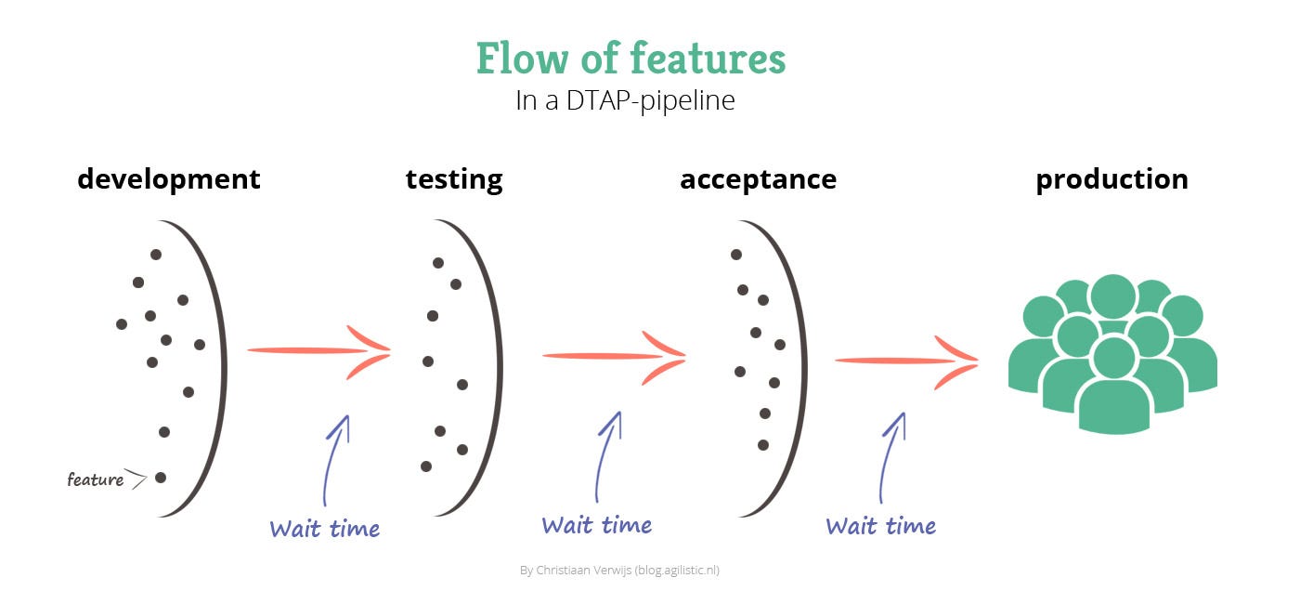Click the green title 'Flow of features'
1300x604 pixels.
pos(630,59)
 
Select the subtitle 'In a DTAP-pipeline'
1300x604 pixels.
pos(625,100)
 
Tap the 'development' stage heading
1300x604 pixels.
pos(169,178)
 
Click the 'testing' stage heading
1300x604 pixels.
pos(454,178)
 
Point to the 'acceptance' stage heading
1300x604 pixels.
pos(758,178)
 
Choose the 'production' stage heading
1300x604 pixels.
pos(1112,178)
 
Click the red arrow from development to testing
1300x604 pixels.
pos(319,350)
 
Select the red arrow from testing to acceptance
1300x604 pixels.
pos(614,355)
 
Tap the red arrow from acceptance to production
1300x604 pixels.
pos(906,361)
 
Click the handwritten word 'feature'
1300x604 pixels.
pos(95,479)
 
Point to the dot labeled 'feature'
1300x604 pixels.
pos(161,478)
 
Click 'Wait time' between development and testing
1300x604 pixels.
pos(324,529)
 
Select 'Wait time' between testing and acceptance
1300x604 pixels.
pos(596,525)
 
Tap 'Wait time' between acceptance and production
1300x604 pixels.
pos(880,526)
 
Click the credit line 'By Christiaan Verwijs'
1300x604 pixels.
pos(575,571)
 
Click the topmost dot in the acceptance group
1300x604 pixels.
pos(735,255)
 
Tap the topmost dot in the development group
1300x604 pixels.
pos(156,255)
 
